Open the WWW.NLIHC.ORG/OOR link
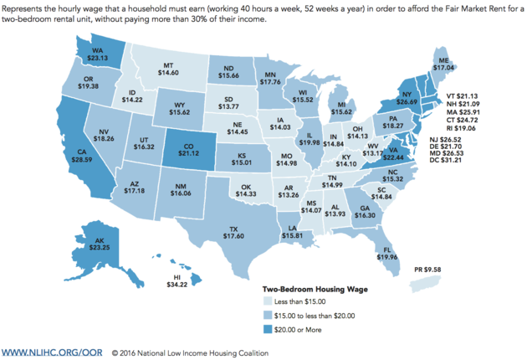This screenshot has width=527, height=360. pyautogui.click(x=52, y=350)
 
